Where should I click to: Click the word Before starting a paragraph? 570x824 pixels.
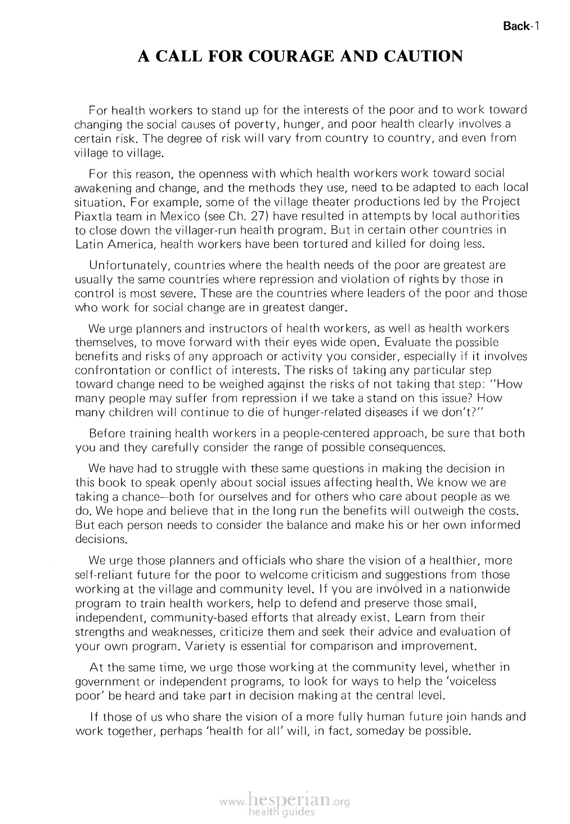107,433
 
